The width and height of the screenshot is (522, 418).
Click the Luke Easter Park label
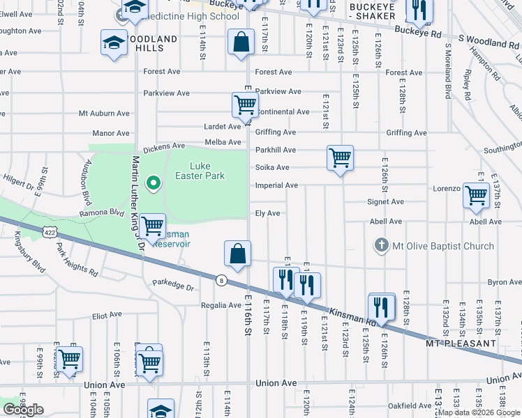pos(208,171)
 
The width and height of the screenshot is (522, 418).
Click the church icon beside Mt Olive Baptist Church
pos(381,245)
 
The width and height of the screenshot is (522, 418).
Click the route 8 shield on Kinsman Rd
pos(221,280)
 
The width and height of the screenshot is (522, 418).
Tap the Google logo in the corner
pos(23,410)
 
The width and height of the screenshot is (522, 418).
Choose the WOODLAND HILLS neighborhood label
pos(140,43)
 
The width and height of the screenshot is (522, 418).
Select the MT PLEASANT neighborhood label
pos(461,343)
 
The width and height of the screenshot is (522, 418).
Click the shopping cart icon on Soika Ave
pos(340,159)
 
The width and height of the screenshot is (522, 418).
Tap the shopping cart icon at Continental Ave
pos(246,105)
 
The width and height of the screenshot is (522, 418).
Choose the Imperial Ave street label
pos(276,185)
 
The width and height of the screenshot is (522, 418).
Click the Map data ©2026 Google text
pos(479,412)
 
